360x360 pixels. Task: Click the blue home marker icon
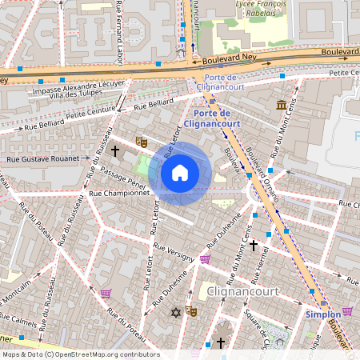click(180, 172)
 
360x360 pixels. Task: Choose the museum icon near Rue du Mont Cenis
click(282, 105)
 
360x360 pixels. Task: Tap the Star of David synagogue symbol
click(174, 312)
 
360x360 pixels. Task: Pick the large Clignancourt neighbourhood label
click(242, 291)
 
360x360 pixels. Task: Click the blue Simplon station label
click(323, 315)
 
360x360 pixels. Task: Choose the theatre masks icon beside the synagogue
click(191, 310)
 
